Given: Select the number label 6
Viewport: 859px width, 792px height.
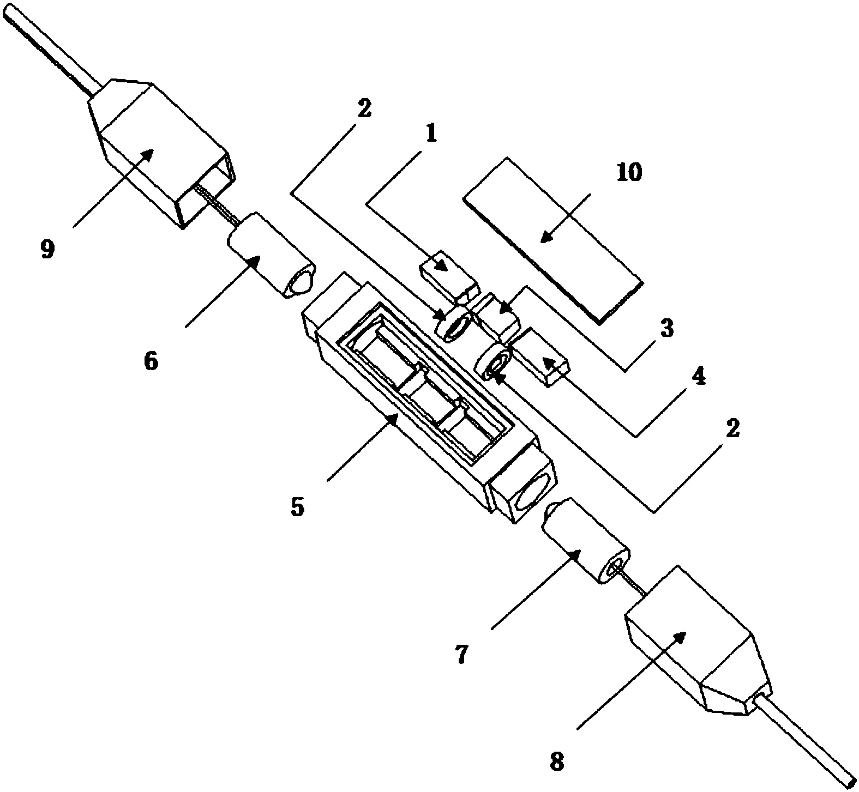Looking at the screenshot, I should point(151,360).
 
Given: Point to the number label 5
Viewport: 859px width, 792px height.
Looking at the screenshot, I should point(297,506).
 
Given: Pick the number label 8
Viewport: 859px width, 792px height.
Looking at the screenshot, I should point(557,761).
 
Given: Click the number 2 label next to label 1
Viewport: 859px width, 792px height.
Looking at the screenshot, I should point(364,108).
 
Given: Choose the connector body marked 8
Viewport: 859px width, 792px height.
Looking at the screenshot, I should point(693,643).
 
